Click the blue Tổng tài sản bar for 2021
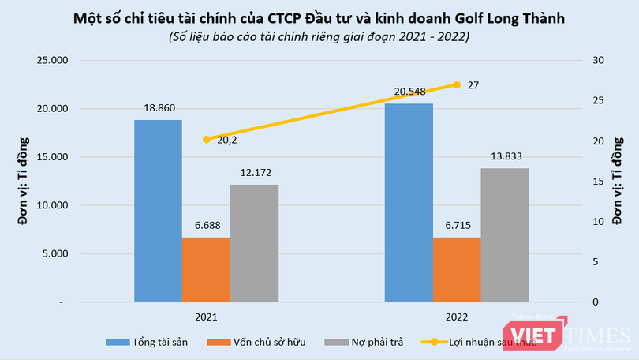(x=158, y=211)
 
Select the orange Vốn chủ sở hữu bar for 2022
(x=456, y=269)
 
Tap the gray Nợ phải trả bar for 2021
(x=254, y=243)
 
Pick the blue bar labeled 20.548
(x=409, y=203)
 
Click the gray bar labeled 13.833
(x=505, y=235)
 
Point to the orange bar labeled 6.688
(x=206, y=269)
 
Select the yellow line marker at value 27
(x=456, y=84)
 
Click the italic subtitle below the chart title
(x=319, y=36)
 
